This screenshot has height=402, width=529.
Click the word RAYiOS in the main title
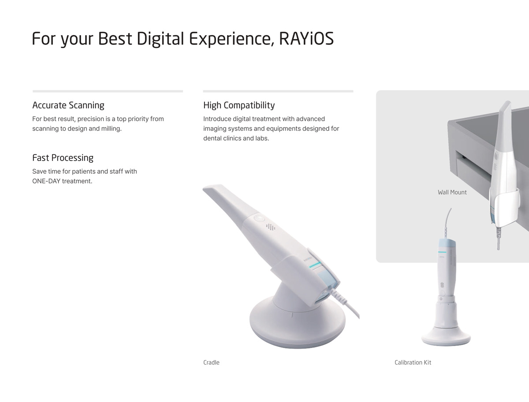[306, 38]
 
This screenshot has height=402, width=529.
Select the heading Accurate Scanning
[68, 105]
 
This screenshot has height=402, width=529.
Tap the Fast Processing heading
[63, 158]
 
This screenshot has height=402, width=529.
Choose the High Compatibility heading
[239, 105]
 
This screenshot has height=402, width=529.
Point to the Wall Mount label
[452, 192]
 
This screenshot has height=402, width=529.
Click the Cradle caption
[211, 362]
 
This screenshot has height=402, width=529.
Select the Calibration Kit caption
[413, 362]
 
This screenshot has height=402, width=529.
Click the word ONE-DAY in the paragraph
[46, 181]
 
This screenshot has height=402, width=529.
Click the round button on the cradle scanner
[259, 219]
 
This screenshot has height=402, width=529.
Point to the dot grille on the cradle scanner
[271, 227]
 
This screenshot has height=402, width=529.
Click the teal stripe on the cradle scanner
[315, 265]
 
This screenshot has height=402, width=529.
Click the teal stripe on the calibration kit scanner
[442, 252]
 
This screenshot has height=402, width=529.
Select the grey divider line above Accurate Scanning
[108, 91]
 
